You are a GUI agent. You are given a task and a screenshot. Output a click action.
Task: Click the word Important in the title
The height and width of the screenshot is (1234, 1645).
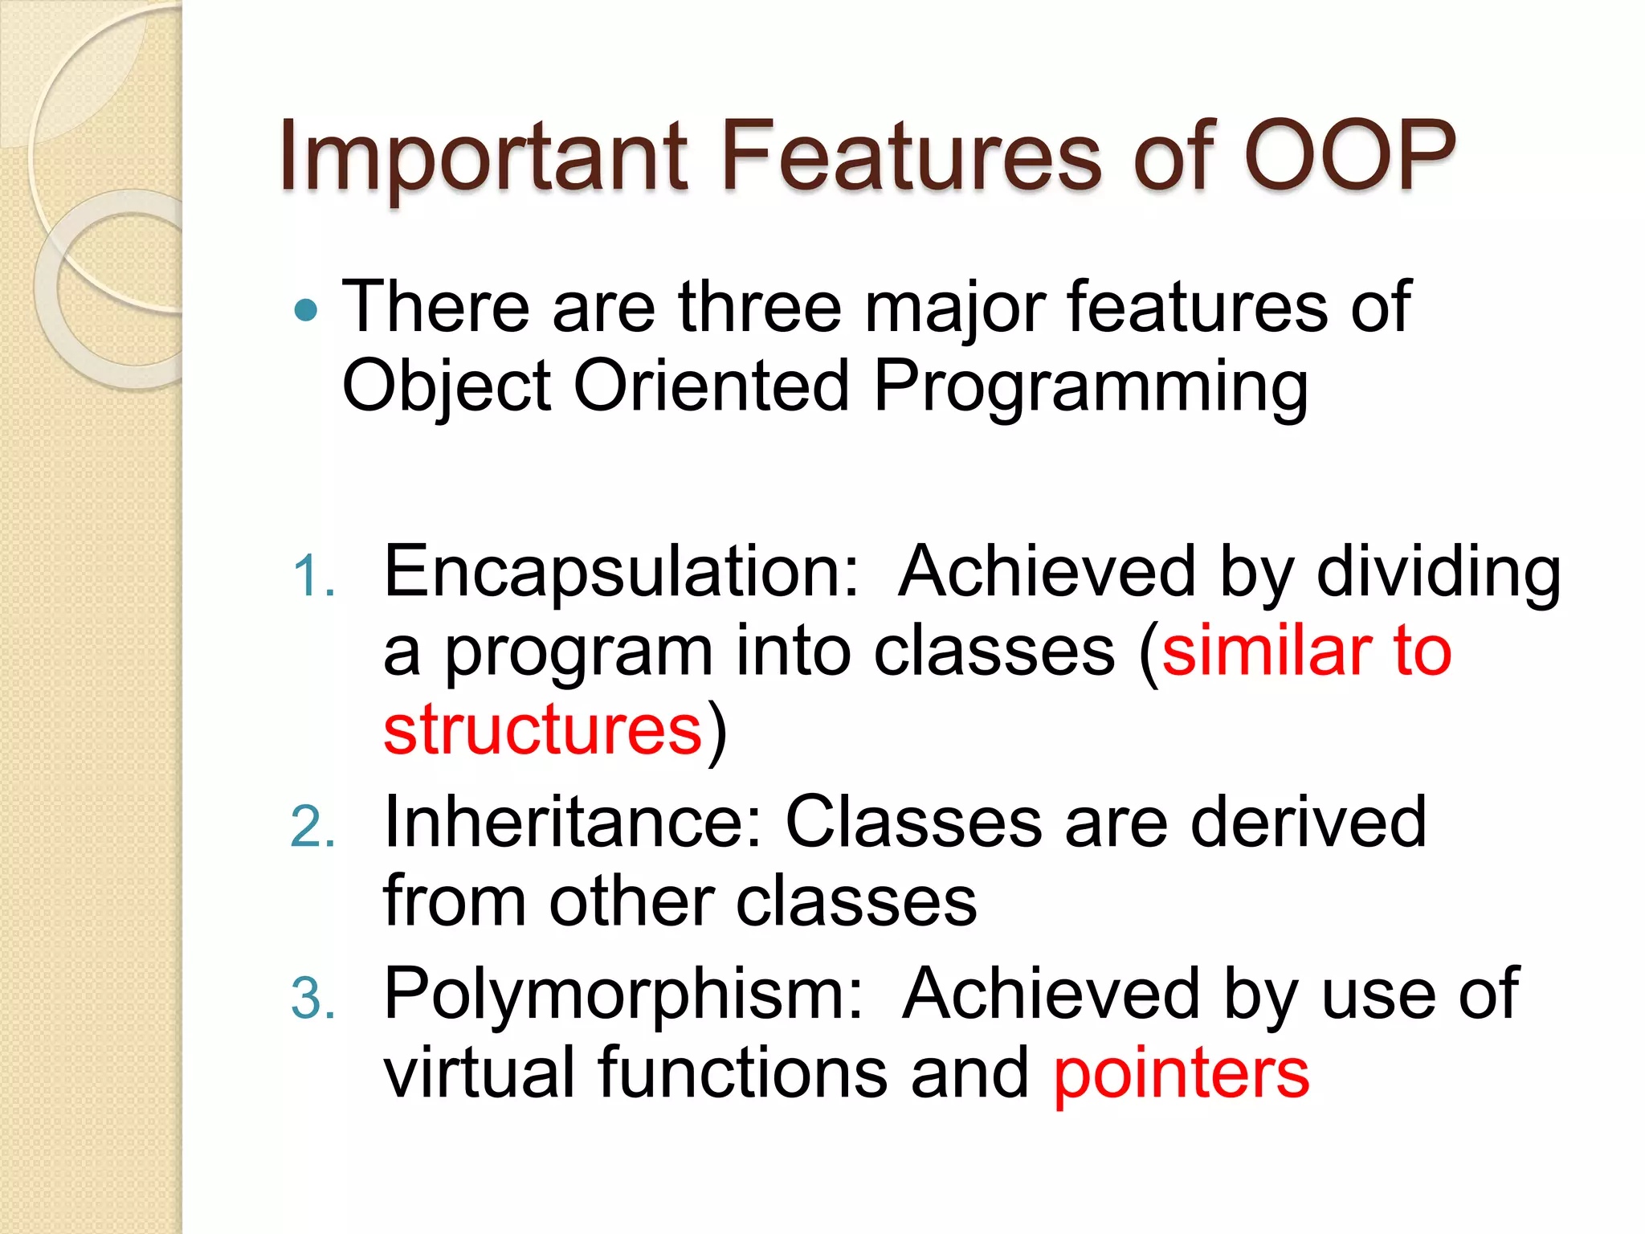pos(483,157)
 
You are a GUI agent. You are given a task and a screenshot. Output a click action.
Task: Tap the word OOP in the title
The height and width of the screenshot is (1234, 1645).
pos(1349,157)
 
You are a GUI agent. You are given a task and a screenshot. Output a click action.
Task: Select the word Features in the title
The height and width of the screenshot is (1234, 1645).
pos(912,157)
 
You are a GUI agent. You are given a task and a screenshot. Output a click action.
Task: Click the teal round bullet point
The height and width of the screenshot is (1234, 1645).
pos(306,310)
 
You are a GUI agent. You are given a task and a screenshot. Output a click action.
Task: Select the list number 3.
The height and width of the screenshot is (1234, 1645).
pos(312,999)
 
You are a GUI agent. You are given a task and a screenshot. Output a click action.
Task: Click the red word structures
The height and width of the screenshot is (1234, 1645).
pos(543,729)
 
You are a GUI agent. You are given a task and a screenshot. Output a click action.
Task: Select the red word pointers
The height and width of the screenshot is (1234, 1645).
pos(1182,1075)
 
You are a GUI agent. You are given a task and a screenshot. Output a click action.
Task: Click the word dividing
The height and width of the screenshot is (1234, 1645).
pos(1439,572)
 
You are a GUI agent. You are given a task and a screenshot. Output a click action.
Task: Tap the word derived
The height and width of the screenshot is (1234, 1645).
pos(1308,823)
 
